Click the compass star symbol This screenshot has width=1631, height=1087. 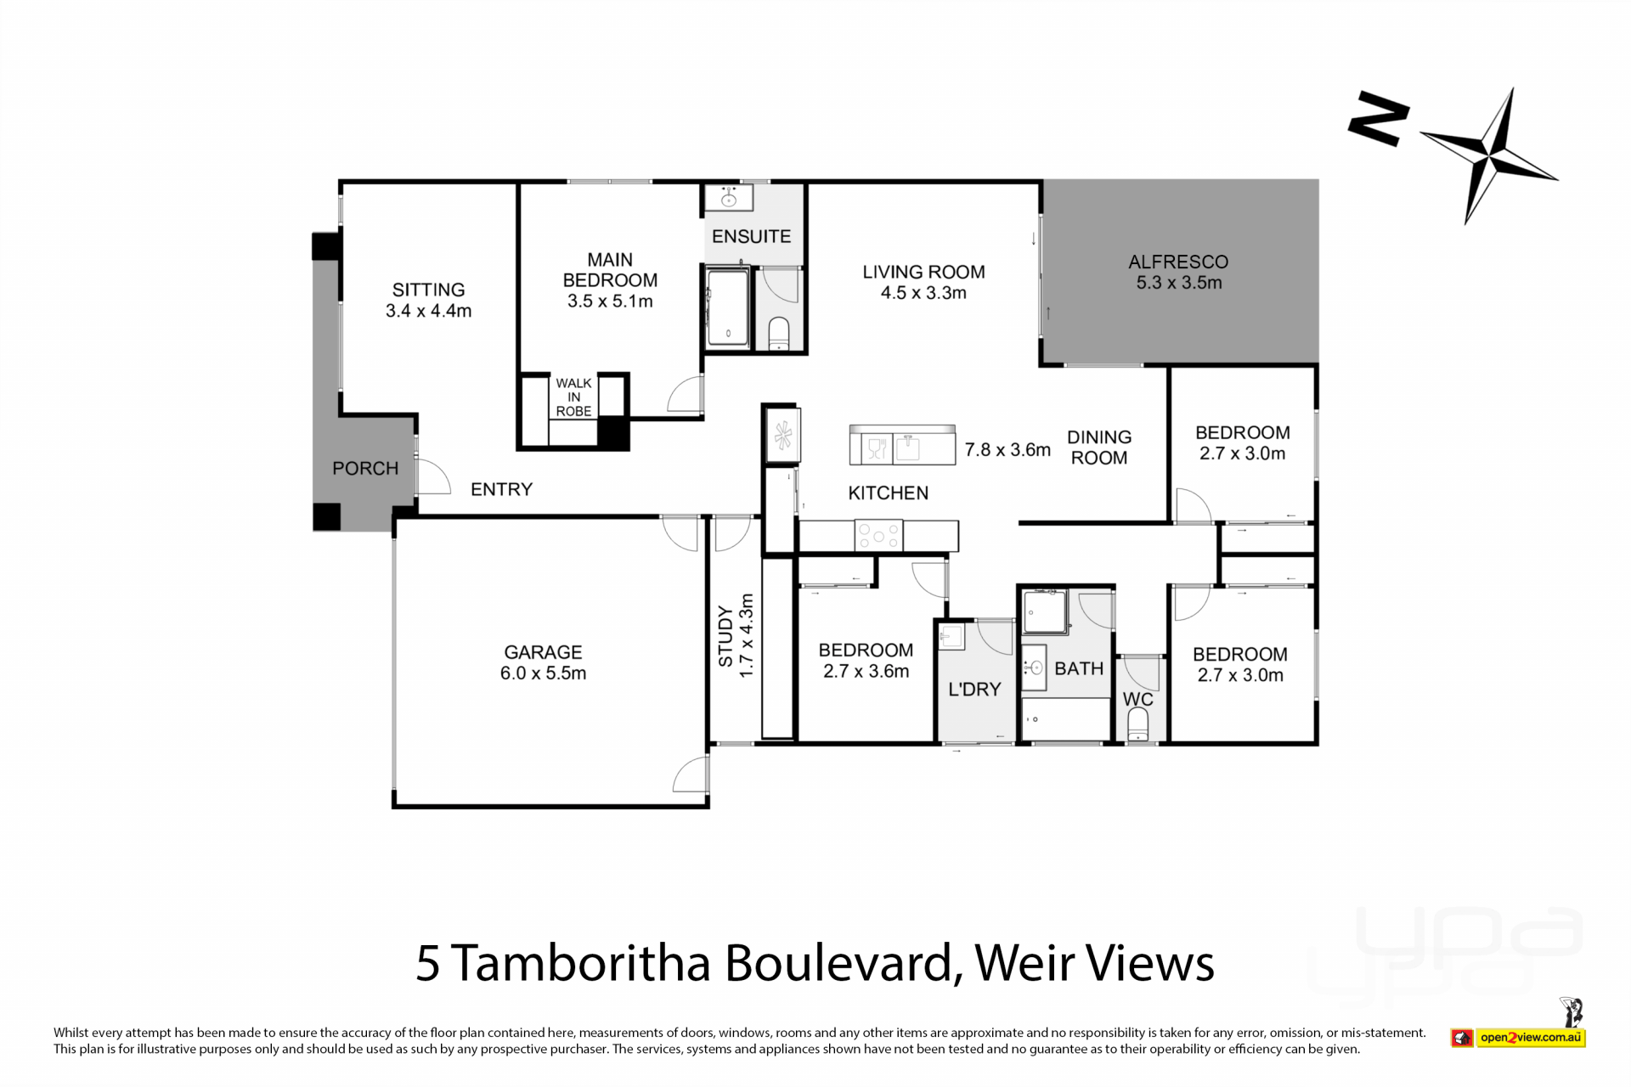(1487, 156)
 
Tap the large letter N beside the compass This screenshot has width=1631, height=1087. (1378, 118)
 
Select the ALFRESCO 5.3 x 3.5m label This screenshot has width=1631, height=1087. (1178, 272)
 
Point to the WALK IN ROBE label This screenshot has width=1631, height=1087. (573, 397)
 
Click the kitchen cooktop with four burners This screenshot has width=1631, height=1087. (878, 535)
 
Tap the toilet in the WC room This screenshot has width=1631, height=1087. (1137, 725)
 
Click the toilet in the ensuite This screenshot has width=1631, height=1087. (779, 333)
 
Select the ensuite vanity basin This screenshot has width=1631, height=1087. (729, 199)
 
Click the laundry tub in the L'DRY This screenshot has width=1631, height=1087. (951, 636)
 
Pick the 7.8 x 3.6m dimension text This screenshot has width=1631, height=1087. (1007, 449)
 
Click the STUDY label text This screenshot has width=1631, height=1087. (725, 636)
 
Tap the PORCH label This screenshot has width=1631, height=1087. (365, 468)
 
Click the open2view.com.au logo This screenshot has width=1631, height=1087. (1518, 1037)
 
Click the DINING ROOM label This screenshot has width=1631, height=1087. (1099, 448)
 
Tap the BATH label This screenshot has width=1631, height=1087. (1079, 668)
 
